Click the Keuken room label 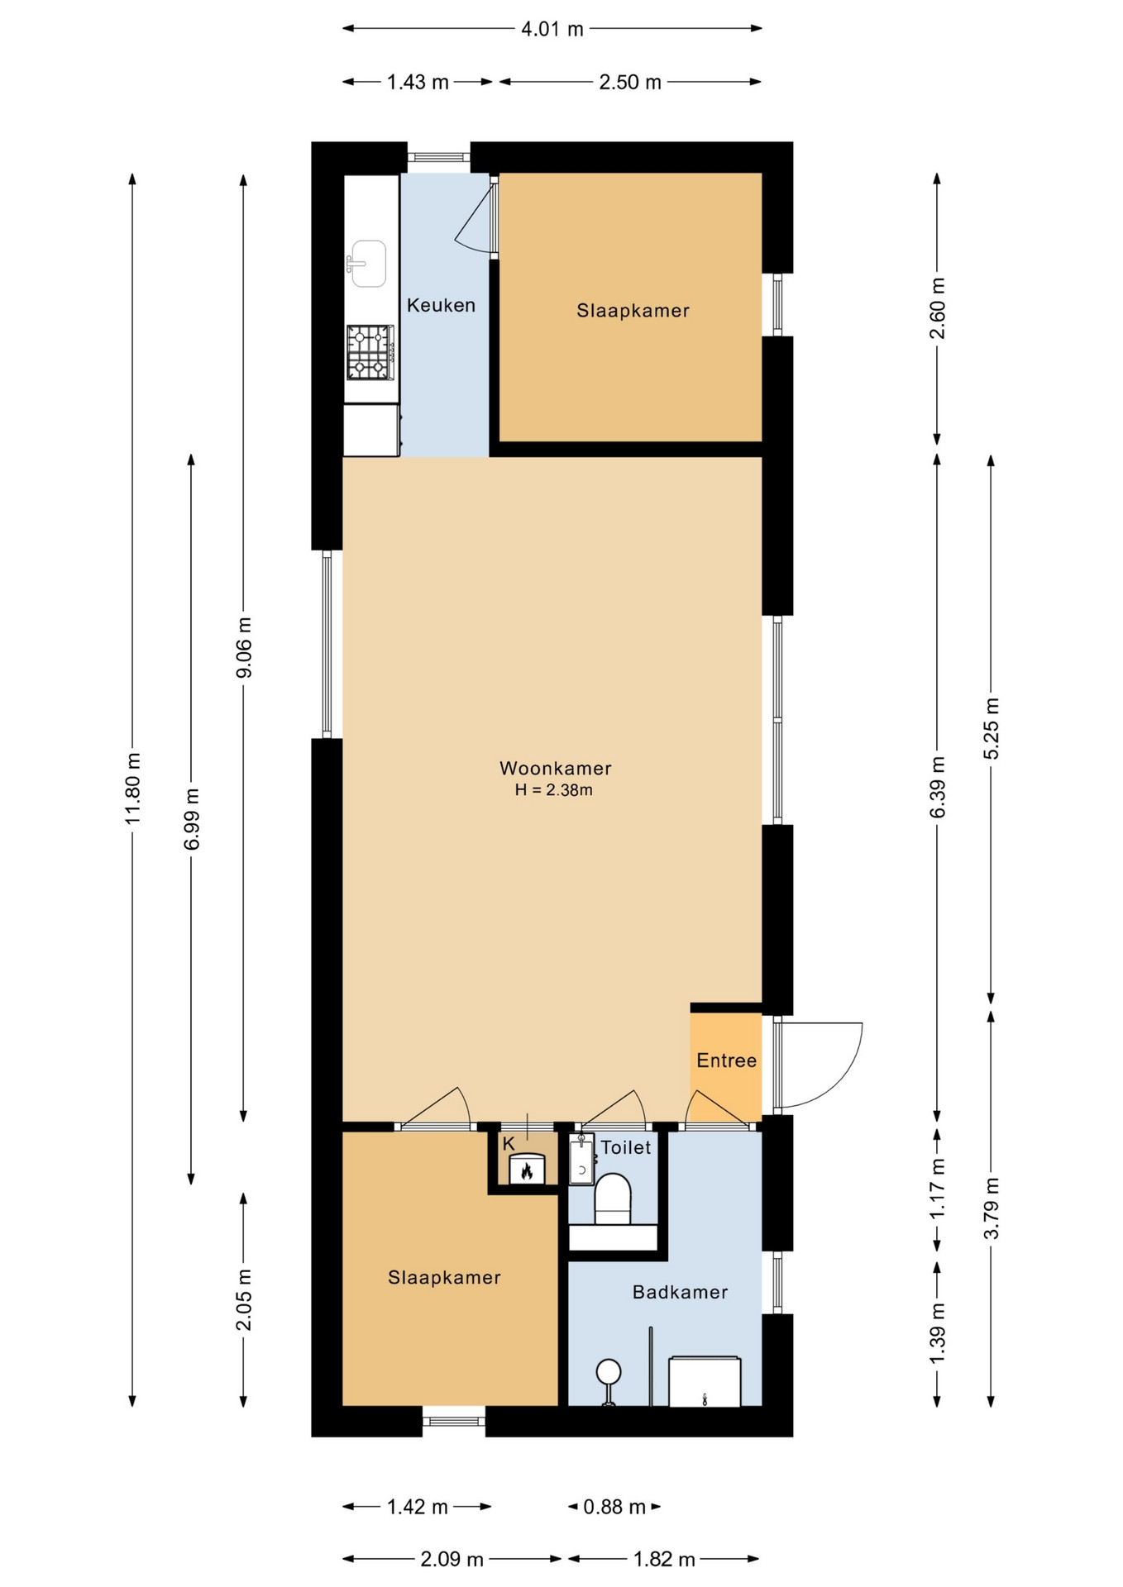(441, 305)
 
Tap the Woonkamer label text (555, 768)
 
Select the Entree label (726, 1060)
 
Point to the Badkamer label (680, 1292)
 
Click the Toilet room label (625, 1147)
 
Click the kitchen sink (367, 264)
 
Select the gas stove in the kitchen (370, 352)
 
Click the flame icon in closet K (526, 1170)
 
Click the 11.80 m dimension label (132, 788)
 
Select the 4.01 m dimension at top (552, 29)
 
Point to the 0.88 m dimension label (614, 1507)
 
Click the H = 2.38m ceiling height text (553, 790)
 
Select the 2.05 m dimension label (243, 1299)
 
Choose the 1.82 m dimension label (664, 1560)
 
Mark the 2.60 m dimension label (937, 308)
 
